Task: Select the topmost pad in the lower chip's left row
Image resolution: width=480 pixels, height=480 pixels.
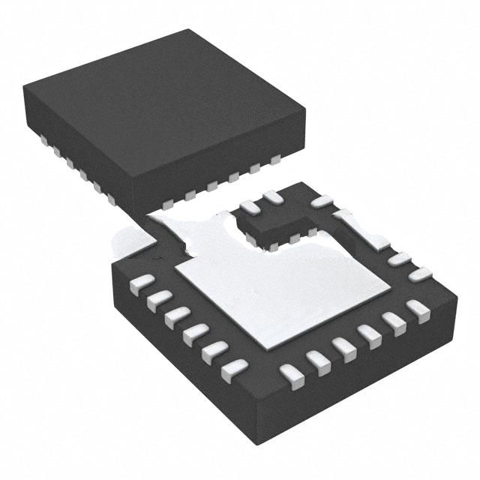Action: point(140,284)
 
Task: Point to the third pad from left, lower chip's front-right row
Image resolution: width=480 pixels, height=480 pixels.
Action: point(344,347)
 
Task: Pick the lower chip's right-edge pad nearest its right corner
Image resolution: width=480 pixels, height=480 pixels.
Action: point(420,274)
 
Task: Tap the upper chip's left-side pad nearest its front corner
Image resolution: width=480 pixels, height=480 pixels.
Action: point(111,199)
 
